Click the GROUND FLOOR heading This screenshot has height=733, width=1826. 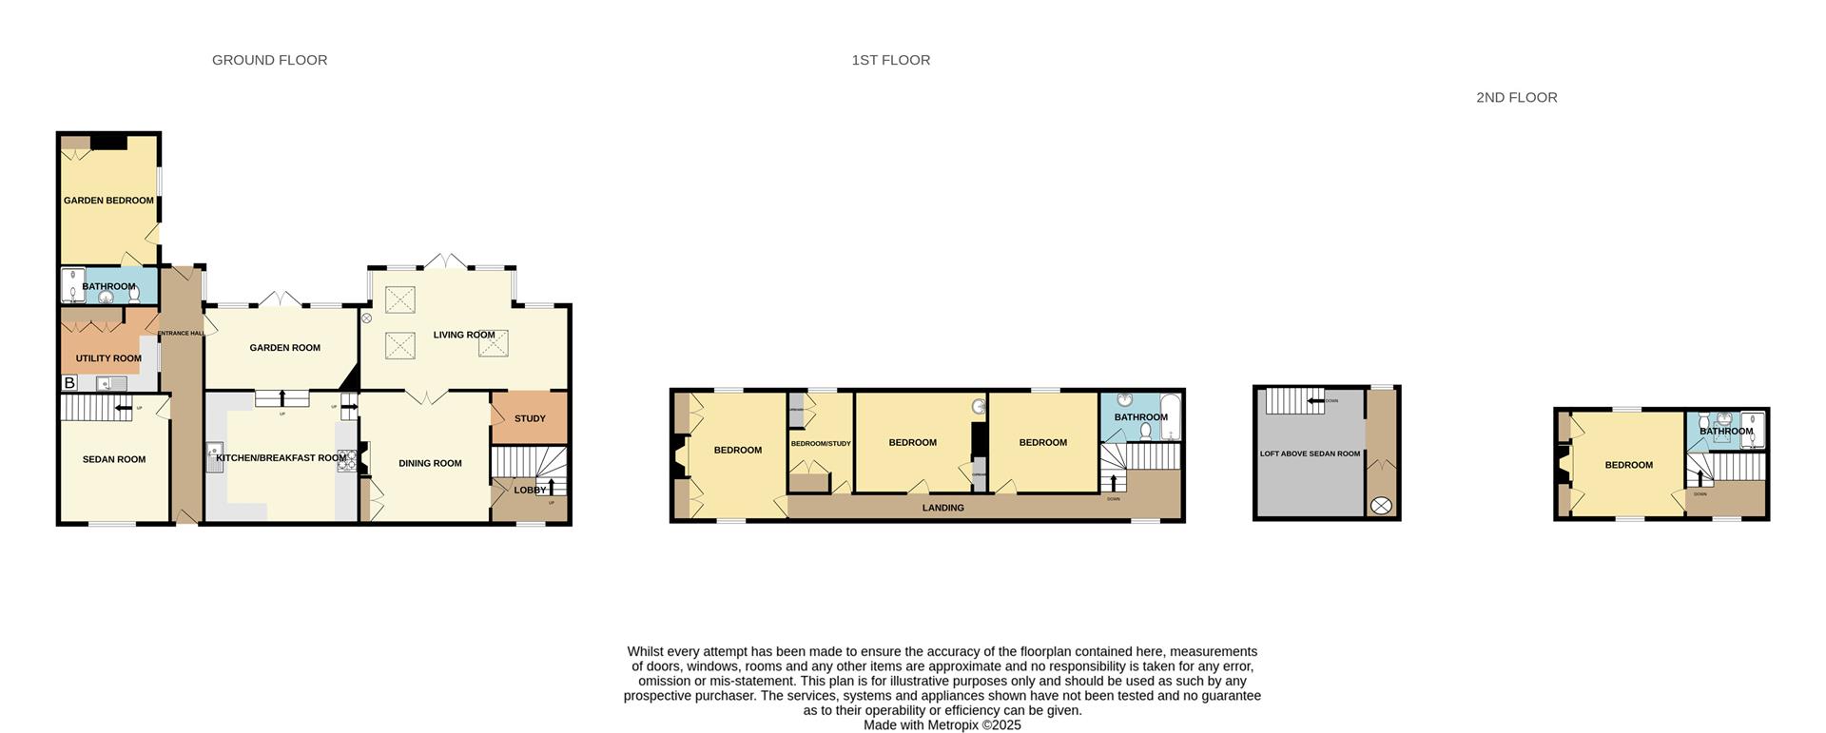(269, 60)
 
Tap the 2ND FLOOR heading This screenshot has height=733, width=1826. (1516, 97)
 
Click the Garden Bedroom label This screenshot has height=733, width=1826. (108, 201)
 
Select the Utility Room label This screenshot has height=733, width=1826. (108, 358)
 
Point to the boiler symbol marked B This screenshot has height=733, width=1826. (69, 383)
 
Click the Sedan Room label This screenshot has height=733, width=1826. (114, 459)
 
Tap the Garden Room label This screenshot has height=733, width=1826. (284, 348)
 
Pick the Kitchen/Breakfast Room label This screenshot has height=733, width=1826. (281, 458)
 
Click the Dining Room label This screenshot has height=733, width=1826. (430, 463)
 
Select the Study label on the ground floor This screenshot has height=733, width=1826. (530, 418)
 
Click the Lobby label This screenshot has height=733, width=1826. (530, 491)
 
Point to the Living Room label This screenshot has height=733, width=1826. (464, 335)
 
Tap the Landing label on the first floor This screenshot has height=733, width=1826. (942, 508)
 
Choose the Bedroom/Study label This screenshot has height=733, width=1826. (821, 444)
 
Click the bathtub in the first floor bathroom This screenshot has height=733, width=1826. (1170, 417)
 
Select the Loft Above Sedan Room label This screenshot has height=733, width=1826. (1310, 453)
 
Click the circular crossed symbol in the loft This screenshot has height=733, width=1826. (1381, 506)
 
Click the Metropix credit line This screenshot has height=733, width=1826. (942, 724)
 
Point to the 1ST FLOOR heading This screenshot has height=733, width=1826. (890, 60)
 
